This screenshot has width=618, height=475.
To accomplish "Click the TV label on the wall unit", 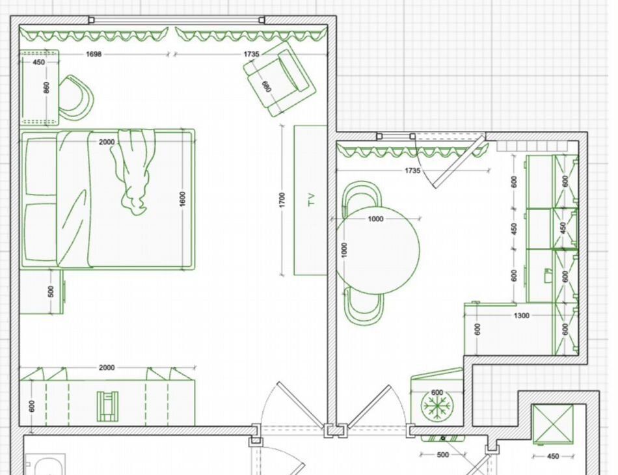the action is [x=312, y=200].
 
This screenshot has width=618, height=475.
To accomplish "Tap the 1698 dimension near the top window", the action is [x=94, y=54].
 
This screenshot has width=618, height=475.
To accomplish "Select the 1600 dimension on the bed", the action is [x=182, y=199].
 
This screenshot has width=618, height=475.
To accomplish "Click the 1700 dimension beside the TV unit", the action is [x=282, y=200].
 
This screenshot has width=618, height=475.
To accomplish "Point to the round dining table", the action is [x=378, y=250].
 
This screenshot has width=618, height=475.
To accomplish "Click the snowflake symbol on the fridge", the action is [x=437, y=405].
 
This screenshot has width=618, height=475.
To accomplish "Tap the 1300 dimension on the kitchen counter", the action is [x=522, y=316].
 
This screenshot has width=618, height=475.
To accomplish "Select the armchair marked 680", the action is [x=280, y=79].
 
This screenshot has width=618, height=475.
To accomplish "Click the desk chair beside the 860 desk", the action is [x=77, y=98].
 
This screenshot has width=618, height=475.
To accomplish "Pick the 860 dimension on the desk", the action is [x=46, y=87].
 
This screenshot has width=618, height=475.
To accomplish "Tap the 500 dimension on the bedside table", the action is [x=51, y=292].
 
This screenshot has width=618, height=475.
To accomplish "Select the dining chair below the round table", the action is [x=364, y=306].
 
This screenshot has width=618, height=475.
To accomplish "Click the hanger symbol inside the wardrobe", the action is [x=107, y=406].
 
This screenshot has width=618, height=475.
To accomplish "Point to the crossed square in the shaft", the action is [x=552, y=424].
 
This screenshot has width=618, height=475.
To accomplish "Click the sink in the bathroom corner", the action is [x=46, y=465].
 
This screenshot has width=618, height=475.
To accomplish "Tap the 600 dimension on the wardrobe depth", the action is [x=32, y=405].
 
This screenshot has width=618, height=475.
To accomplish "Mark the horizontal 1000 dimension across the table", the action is [x=375, y=219].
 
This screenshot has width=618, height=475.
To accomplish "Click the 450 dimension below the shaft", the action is [x=553, y=456].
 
